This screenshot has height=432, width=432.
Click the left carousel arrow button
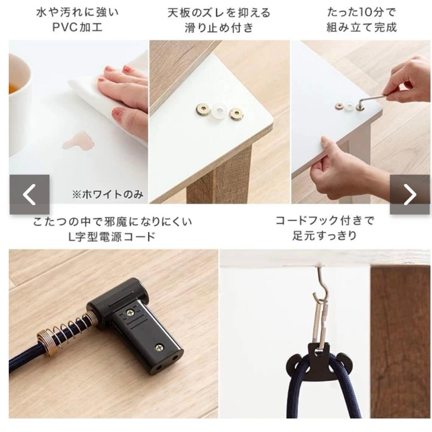[30, 194]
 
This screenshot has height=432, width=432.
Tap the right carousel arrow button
[410, 194]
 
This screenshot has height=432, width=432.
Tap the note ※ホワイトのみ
[108, 194]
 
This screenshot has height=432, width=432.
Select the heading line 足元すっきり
[324, 236]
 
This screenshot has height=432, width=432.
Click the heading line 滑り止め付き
[219, 28]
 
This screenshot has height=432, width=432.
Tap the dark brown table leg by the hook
[400, 342]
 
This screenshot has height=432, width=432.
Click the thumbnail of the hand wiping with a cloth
[78, 122]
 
